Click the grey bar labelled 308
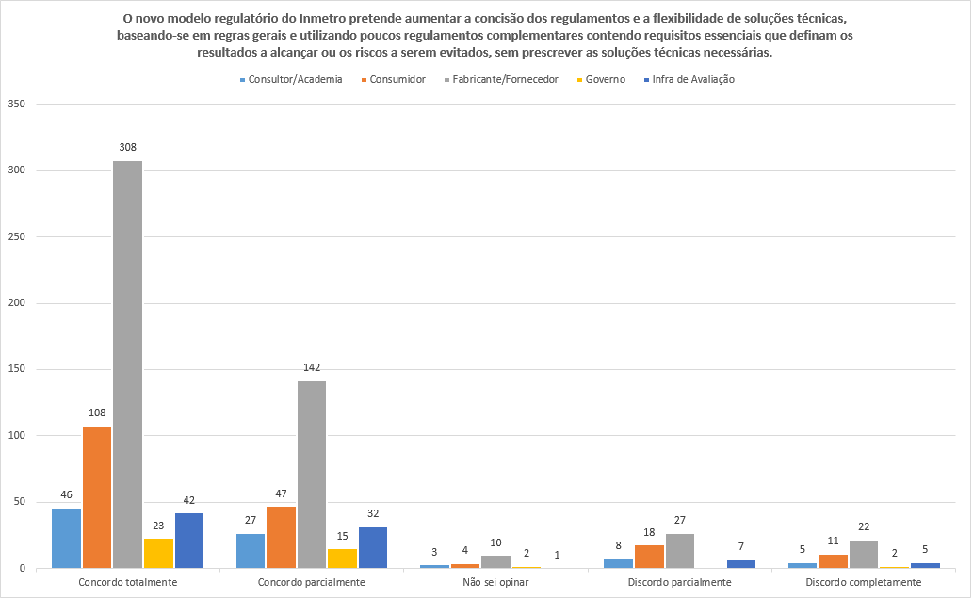pos(127,364)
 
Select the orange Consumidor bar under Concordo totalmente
pos(96,497)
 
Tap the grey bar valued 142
pos(312,475)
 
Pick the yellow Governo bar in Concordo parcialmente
pos(342,559)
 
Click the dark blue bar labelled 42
pos(188,541)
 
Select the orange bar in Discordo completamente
pos(833,561)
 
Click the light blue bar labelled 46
pos(66,538)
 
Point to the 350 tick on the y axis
pos(15,105)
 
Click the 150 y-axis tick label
pos(15,370)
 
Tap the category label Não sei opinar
pos(495,583)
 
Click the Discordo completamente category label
pos(864,583)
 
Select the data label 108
pos(96,413)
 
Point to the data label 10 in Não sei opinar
pos(495,542)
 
